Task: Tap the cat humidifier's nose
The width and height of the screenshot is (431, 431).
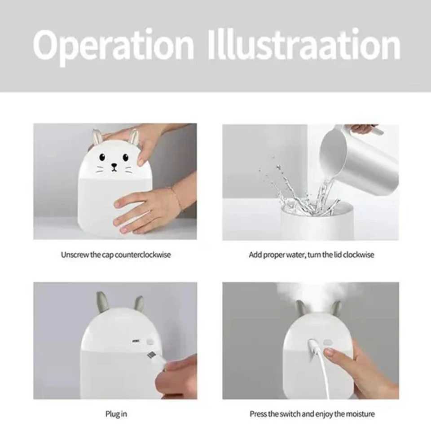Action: (x=114, y=165)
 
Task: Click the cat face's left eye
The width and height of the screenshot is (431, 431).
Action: (x=102, y=157)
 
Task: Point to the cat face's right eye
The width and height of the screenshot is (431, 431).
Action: (x=126, y=157)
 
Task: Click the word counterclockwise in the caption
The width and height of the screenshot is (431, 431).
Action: (x=143, y=255)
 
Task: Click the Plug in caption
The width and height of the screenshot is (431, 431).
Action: (x=116, y=413)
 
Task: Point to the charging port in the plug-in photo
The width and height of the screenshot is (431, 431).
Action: (x=135, y=341)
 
